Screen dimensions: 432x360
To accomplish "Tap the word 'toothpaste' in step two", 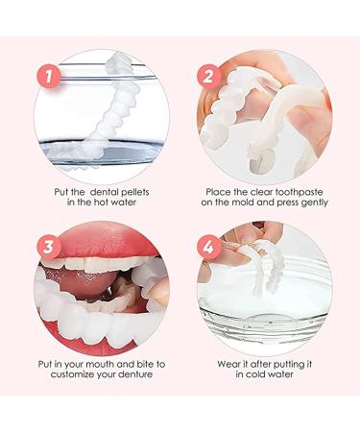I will (284, 190).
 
